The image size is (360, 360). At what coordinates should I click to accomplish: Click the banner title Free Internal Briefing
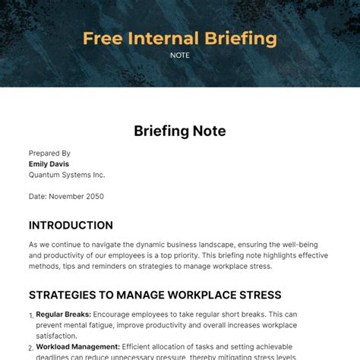[x=179, y=38]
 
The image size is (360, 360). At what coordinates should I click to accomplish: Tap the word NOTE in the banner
[x=180, y=55]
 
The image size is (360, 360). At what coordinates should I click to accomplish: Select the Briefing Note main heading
[x=180, y=131]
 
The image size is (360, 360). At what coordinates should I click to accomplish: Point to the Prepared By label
[x=49, y=153]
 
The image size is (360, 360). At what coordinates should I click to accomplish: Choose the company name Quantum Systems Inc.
[x=67, y=174]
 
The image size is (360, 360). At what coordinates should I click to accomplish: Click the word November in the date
[x=67, y=196]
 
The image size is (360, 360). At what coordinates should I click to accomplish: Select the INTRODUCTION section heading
[x=71, y=226]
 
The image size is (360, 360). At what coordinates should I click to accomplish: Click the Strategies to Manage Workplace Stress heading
[x=155, y=295]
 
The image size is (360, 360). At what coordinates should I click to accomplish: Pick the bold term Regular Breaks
[x=64, y=314]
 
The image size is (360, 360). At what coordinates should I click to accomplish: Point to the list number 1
[x=31, y=315]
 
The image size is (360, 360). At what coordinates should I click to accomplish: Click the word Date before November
[x=37, y=196]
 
